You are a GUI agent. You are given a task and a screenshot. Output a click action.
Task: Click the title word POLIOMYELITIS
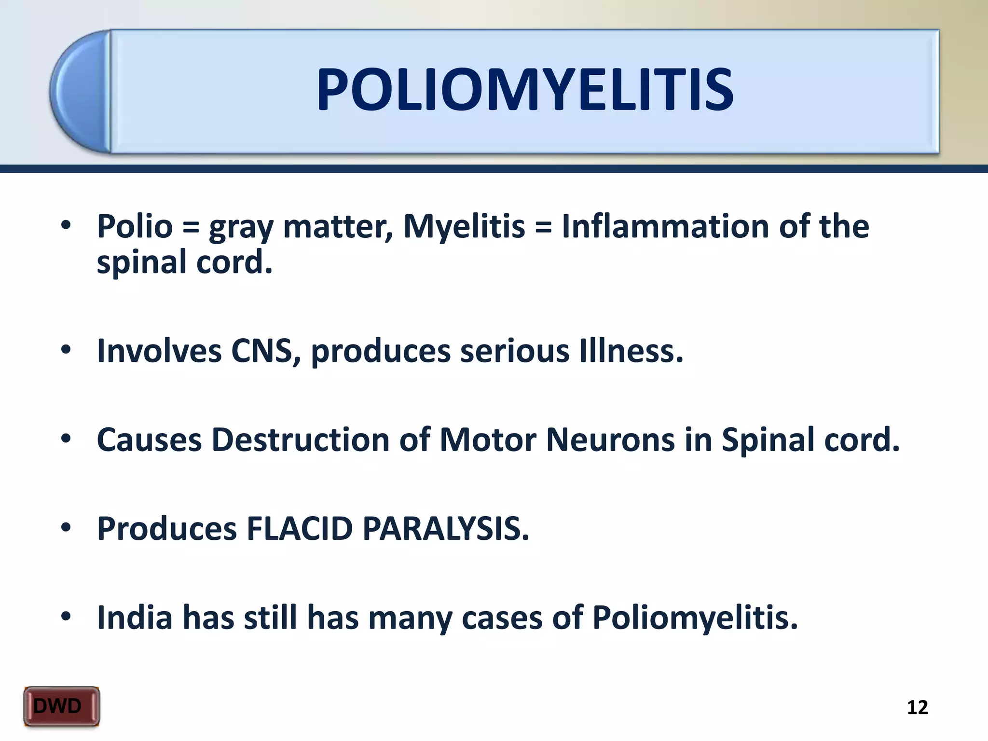[525, 90]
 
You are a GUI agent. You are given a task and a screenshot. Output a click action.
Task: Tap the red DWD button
[61, 706]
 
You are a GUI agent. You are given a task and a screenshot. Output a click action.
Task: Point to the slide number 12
[917, 707]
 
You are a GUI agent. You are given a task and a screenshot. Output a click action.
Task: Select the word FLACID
[300, 529]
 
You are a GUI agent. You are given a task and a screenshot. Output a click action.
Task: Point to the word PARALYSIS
[445, 529]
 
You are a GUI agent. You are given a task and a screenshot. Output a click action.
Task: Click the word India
[135, 617]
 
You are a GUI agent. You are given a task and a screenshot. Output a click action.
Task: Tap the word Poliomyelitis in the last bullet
[695, 618]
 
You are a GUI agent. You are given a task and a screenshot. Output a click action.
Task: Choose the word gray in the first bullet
[241, 228]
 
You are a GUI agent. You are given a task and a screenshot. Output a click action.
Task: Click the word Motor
[488, 439]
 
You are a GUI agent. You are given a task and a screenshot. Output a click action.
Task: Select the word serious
[514, 351]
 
